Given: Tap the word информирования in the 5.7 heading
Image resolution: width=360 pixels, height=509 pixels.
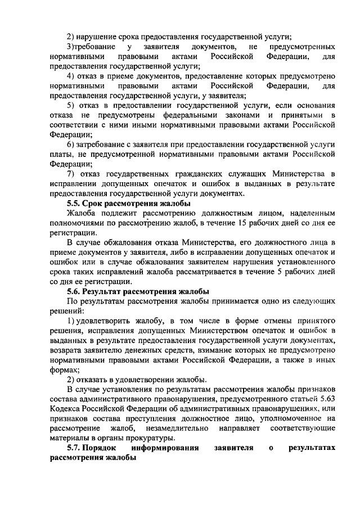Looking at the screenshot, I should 165,448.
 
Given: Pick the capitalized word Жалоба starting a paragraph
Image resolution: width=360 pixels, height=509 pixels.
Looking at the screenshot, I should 82,213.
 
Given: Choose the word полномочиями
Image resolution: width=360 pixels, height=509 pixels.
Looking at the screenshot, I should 80,223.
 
